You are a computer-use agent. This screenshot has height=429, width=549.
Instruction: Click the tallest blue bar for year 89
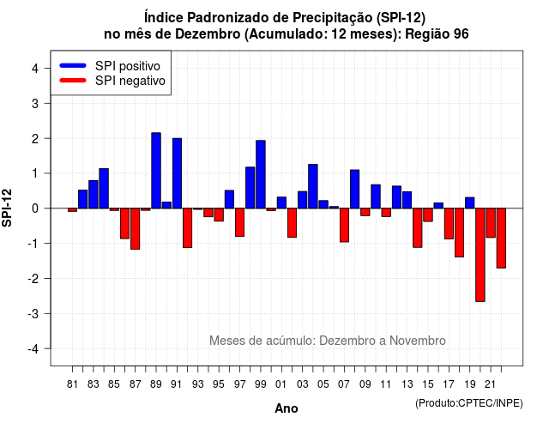(x=156, y=171)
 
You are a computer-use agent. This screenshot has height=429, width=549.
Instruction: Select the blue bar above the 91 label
(x=178, y=173)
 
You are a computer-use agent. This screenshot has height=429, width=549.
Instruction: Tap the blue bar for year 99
(x=261, y=174)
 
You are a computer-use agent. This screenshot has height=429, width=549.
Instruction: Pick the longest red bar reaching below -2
(x=480, y=255)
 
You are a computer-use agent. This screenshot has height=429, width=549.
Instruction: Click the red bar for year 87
(x=136, y=229)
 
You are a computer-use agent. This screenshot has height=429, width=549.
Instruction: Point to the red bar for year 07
(x=345, y=225)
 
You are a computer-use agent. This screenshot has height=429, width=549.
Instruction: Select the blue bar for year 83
(x=94, y=195)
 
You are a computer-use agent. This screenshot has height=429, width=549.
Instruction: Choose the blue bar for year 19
(x=470, y=202)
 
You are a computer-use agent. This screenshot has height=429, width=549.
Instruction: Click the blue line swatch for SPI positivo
(x=73, y=65)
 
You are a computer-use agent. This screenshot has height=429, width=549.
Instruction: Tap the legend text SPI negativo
(x=130, y=81)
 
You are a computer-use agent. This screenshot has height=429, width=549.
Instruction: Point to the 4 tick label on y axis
(x=35, y=69)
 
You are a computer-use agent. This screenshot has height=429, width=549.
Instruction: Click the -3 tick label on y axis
(x=33, y=313)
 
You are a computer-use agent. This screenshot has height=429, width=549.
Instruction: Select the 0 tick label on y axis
(x=35, y=208)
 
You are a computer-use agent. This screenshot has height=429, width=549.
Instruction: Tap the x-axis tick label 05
(x=323, y=384)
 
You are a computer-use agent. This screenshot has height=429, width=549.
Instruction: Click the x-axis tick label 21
(x=490, y=384)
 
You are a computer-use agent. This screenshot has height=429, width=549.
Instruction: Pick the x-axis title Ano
(x=287, y=408)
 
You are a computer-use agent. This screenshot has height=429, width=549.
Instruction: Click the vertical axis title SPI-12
(x=7, y=208)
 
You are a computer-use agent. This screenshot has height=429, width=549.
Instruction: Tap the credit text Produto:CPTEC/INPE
(x=469, y=403)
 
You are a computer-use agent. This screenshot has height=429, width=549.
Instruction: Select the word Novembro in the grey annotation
(x=418, y=341)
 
